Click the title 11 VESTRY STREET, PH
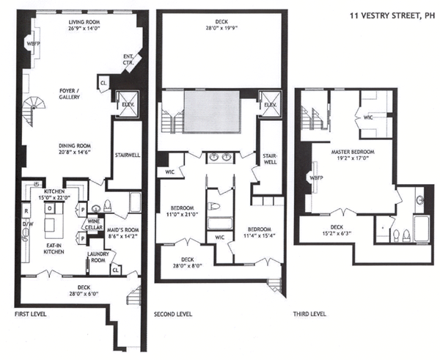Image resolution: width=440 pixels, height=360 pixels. [392, 16]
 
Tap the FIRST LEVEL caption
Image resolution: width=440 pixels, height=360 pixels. [30, 314]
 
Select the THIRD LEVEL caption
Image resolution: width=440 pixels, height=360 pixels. [309, 314]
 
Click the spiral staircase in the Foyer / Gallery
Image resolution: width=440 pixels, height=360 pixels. [34, 111]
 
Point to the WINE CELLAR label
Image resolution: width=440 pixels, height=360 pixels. [93, 224]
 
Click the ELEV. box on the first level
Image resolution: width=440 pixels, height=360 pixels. [128, 104]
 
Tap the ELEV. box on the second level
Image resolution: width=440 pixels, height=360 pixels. [270, 104]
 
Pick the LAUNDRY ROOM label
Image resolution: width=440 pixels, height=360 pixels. [98, 257]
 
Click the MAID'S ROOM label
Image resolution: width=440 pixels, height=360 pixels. [123, 233]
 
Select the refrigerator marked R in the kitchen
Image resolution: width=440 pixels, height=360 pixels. [26, 211]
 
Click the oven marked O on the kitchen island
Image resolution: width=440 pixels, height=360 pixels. [50, 208]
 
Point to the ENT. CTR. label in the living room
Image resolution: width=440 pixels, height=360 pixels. [128, 60]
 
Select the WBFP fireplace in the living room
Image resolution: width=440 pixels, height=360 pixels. [32, 44]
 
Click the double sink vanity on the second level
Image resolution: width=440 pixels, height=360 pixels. [220, 157]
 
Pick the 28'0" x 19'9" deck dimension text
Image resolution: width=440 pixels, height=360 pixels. [221, 28]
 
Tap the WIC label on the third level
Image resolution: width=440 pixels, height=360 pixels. [368, 117]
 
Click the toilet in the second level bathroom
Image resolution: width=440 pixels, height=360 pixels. [214, 207]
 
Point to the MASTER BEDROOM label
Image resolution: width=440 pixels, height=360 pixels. [353, 152]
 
